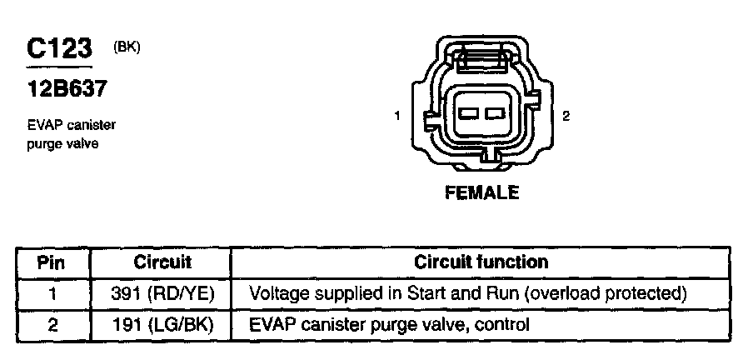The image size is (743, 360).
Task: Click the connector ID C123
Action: point(58,49)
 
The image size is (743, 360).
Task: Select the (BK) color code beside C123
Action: point(127,47)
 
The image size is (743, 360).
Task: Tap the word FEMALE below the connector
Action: point(481,193)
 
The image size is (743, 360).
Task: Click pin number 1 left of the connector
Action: point(399,116)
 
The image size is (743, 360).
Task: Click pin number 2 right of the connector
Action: point(566,116)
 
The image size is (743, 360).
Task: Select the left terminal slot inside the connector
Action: point(468,113)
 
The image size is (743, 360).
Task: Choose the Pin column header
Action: point(52,262)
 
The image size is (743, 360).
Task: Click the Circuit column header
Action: point(162,262)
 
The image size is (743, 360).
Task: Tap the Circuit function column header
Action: point(481,262)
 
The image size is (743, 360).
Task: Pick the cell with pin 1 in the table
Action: point(52,293)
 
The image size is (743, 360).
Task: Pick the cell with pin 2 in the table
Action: point(52,323)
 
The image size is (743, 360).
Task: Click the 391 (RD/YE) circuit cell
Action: point(162,293)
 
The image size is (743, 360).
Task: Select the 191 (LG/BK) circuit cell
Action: point(162,323)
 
